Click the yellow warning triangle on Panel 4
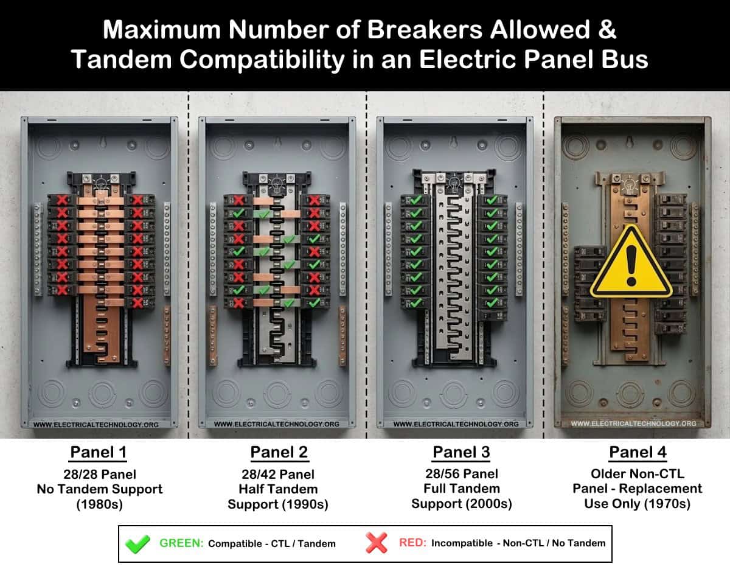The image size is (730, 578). [x=631, y=263]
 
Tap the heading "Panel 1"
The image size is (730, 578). [x=98, y=452]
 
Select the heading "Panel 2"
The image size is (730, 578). [x=279, y=452]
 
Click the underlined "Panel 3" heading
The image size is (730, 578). [x=461, y=452]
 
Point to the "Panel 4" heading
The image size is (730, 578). [x=638, y=452]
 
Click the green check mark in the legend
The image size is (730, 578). [x=137, y=544]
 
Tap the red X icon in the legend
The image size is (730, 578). [x=377, y=543]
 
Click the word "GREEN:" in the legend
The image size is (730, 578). [x=181, y=543]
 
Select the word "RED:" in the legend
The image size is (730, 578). [x=412, y=543]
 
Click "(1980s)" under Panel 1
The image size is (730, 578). [x=99, y=504]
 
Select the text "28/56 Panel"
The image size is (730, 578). [x=462, y=474]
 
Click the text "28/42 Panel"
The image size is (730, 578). [x=278, y=475]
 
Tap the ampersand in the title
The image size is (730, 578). [x=607, y=30]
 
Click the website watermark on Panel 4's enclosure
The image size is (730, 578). [x=633, y=423]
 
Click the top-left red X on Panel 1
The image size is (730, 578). [x=62, y=200]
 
